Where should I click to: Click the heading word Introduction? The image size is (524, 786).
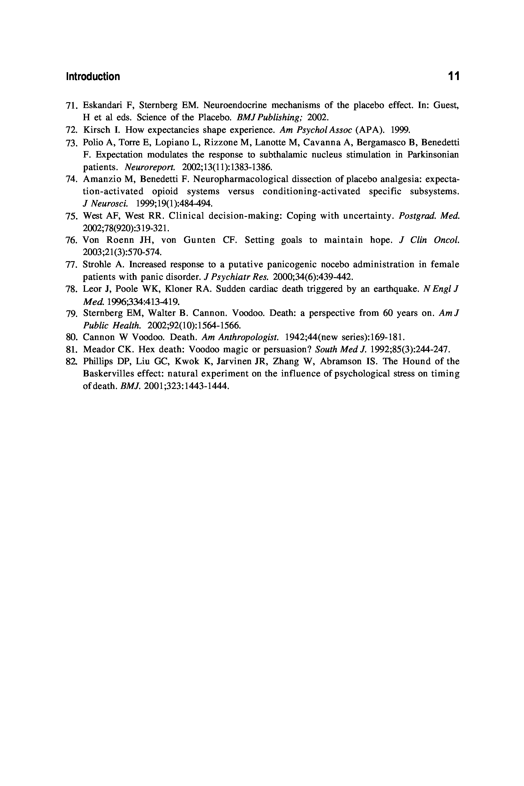[93, 77]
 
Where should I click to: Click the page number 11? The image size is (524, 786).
[454, 76]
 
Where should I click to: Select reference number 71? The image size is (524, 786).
[72, 106]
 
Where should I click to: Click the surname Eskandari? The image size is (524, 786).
[102, 105]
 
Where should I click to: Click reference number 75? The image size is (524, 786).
[72, 216]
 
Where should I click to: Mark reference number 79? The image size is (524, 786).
[72, 314]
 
